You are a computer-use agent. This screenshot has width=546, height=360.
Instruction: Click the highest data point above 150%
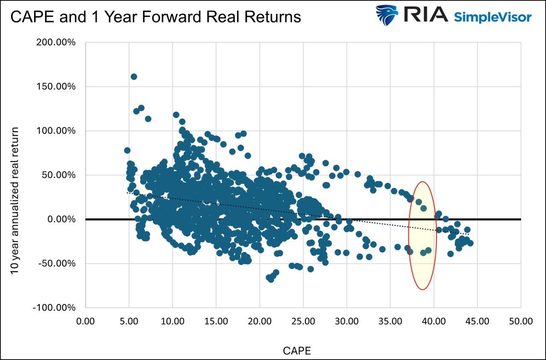(x=134, y=77)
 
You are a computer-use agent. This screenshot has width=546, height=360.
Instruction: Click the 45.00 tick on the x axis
(x=477, y=321)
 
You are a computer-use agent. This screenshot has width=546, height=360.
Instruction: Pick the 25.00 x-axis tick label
(x=303, y=321)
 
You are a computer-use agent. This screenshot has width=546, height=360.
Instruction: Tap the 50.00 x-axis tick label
(x=521, y=321)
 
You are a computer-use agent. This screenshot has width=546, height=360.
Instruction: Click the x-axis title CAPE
(x=297, y=351)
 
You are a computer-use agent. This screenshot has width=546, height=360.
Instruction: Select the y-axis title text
(x=15, y=200)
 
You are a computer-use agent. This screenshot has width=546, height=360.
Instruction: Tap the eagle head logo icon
(x=386, y=15)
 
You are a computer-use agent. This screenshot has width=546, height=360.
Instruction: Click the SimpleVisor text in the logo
(x=493, y=17)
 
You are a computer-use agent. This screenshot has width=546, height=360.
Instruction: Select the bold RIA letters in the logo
(x=425, y=14)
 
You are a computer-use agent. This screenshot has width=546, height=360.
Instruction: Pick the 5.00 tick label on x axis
(x=129, y=321)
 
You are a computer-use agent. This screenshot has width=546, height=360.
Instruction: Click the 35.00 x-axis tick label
(x=390, y=321)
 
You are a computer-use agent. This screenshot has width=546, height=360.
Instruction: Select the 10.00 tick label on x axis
(x=172, y=321)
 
